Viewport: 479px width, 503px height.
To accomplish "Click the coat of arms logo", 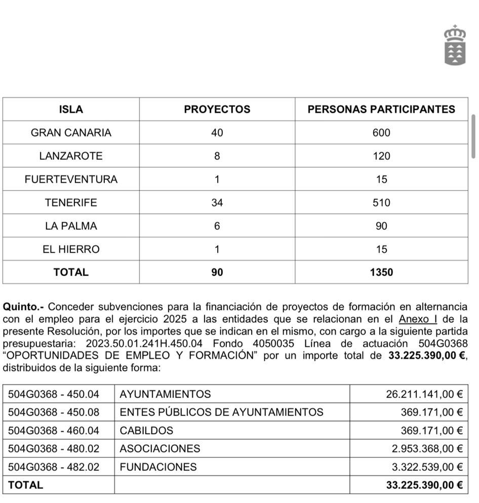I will click(x=455, y=45).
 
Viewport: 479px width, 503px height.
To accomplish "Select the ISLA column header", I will click(x=71, y=109).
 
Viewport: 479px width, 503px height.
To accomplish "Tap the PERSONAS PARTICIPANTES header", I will click(x=381, y=109).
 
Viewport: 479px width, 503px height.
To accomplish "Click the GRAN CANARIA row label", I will click(x=71, y=133).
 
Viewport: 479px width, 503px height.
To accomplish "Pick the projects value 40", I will click(x=217, y=133).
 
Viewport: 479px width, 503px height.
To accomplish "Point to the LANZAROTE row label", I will click(x=71, y=156).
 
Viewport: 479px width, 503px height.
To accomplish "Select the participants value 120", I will click(x=381, y=156).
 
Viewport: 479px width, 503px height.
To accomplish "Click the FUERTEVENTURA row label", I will click(x=71, y=179).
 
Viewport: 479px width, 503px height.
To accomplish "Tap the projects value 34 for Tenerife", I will click(x=217, y=202).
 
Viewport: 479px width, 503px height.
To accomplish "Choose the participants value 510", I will click(x=381, y=202).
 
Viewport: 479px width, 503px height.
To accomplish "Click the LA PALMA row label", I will click(x=71, y=226).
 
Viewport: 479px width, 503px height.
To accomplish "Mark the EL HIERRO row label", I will click(x=71, y=249).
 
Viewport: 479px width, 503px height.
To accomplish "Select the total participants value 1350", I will click(x=381, y=272).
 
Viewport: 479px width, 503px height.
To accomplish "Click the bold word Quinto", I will click(x=22, y=307).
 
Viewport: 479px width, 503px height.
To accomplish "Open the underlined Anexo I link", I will click(x=418, y=319).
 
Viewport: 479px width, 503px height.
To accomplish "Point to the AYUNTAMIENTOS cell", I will click(x=165, y=394).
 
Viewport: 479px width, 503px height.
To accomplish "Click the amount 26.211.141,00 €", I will click(x=424, y=394).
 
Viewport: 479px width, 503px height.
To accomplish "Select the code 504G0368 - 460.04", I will click(x=54, y=431).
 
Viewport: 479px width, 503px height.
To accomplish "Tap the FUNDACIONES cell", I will click(x=158, y=467).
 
